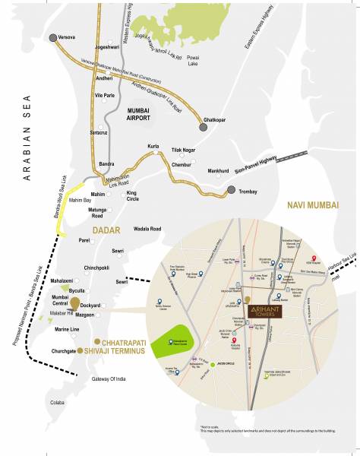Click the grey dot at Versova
click(x=52, y=37)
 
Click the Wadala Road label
click(x=147, y=228)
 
